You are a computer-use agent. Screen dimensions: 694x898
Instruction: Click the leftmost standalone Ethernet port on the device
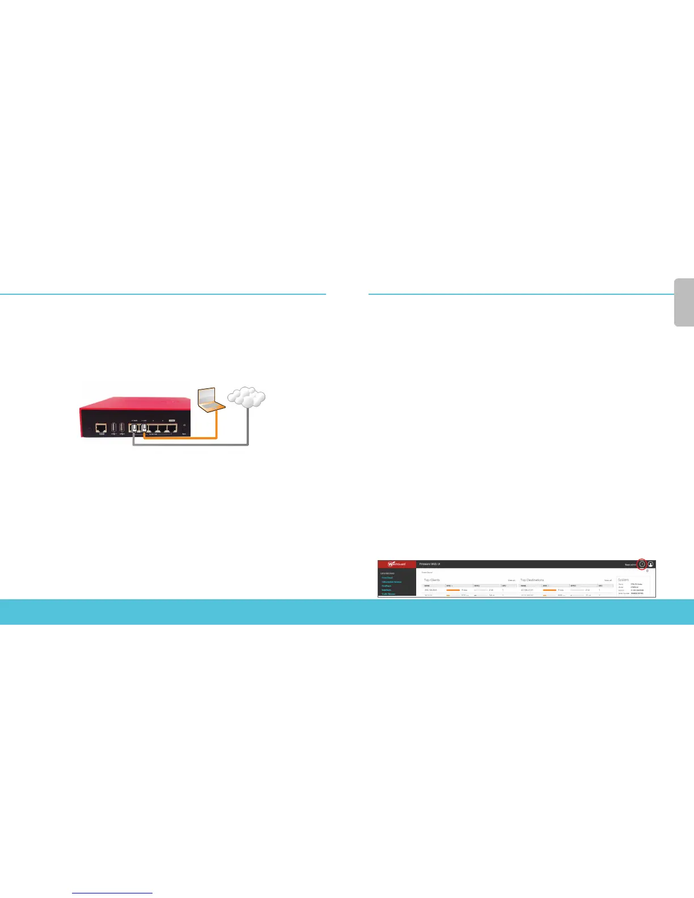[101, 427]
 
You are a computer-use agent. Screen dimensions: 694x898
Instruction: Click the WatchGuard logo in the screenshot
[397, 564]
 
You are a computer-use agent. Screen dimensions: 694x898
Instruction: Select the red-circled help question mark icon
[642, 564]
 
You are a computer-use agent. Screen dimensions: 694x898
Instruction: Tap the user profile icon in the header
[651, 564]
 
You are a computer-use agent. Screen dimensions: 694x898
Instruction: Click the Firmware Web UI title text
[430, 564]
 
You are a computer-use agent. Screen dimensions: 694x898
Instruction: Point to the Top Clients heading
[432, 580]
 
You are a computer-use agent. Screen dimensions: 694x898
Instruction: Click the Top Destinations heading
[531, 580]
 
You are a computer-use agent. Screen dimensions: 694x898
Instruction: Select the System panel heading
[623, 580]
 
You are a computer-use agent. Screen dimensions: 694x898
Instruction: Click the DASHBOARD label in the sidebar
[387, 574]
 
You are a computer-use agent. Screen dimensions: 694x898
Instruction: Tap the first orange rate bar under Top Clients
[453, 590]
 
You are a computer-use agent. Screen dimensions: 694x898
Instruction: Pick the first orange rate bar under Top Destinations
[549, 590]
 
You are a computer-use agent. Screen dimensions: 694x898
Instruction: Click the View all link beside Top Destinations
[608, 581]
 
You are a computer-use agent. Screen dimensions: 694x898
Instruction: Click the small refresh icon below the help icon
[647, 571]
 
